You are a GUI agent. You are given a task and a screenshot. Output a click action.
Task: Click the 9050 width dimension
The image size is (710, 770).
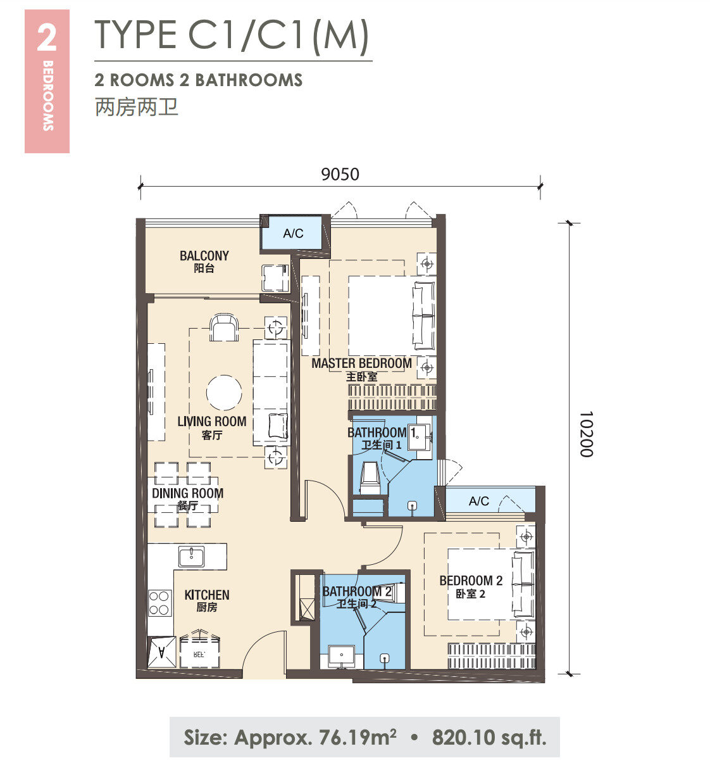tap(340, 175)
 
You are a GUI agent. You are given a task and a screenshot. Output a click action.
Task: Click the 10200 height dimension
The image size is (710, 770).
tap(587, 434)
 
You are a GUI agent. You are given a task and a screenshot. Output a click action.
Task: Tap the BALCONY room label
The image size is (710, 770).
tap(204, 256)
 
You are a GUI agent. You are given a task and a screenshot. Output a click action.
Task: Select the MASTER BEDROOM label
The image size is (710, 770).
tap(361, 363)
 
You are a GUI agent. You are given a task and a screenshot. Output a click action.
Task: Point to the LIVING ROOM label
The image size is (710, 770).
tap(212, 422)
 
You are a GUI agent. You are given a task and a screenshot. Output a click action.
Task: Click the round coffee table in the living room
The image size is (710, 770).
tap(224, 393)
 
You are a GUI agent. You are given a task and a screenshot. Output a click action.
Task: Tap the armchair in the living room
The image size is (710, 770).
tap(224, 327)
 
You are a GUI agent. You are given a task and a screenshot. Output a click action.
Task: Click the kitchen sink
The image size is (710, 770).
tap(191, 557)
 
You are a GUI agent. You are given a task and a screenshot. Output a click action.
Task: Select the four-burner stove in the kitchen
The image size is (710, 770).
tap(159, 603)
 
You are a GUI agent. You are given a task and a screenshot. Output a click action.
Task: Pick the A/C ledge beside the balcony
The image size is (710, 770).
tap(293, 233)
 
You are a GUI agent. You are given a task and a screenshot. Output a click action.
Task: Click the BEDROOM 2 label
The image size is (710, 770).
tap(471, 581)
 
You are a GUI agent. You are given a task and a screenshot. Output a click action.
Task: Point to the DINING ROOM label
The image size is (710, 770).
tap(187, 493)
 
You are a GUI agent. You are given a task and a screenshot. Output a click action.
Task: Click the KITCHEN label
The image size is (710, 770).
tap(207, 595)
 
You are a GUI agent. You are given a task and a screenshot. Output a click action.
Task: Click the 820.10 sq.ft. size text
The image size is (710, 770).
tap(489, 737)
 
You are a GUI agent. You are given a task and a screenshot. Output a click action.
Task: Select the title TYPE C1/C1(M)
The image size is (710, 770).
tap(232, 35)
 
